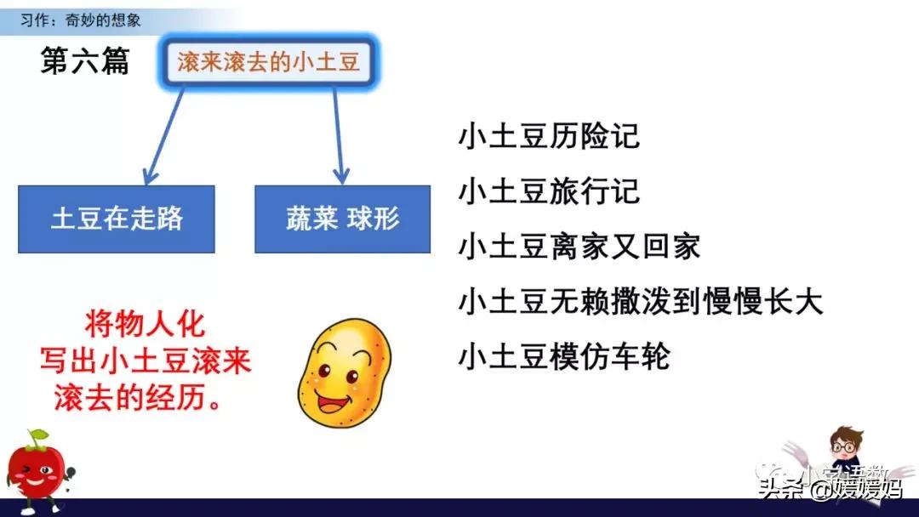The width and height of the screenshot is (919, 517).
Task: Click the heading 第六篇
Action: [x=84, y=61]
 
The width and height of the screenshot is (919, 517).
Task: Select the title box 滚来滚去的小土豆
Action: [x=268, y=63]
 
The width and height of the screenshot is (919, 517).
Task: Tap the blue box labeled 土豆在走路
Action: [x=117, y=219]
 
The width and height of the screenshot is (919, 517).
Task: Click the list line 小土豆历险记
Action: [x=549, y=136]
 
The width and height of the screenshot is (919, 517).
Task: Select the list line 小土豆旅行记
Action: [x=549, y=191]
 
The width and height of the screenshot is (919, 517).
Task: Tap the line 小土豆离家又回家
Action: [x=579, y=247]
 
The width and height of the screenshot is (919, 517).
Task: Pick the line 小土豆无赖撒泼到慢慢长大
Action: [x=641, y=301]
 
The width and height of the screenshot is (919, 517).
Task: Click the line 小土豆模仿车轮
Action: [x=564, y=355]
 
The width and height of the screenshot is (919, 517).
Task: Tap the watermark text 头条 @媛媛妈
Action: [x=830, y=489]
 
